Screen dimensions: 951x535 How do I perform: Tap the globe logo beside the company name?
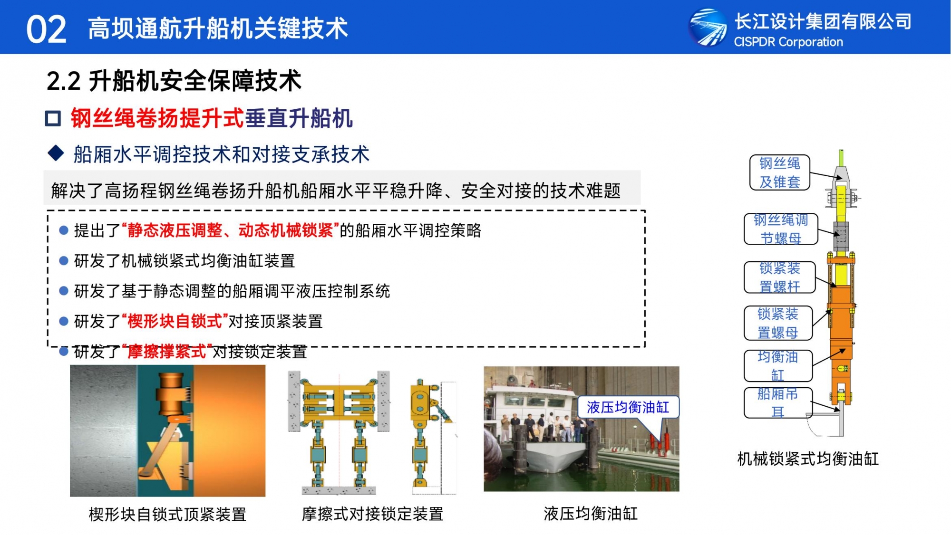click(708, 28)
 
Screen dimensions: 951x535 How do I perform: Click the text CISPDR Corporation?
click(788, 42)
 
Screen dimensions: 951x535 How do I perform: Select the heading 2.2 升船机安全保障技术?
click(174, 80)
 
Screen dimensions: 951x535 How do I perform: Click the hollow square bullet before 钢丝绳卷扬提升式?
click(53, 118)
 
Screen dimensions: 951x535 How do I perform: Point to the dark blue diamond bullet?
click(56, 153)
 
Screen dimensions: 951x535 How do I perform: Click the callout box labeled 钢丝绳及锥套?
click(780, 172)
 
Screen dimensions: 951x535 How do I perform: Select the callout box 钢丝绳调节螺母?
click(781, 229)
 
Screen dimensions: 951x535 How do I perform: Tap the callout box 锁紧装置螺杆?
click(780, 277)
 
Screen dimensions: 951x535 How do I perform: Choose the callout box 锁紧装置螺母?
click(778, 323)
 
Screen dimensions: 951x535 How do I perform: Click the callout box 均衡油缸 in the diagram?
click(778, 366)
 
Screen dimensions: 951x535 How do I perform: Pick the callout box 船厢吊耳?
click(778, 403)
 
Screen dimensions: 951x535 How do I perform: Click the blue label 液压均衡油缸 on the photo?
click(628, 407)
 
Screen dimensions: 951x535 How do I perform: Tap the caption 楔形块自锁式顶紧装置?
click(167, 514)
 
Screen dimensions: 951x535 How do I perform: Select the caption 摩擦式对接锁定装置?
click(372, 514)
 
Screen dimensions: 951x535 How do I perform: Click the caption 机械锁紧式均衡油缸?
click(808, 459)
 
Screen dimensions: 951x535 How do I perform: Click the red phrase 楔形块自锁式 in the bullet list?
click(175, 321)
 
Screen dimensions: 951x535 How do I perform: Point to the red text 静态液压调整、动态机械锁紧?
click(230, 230)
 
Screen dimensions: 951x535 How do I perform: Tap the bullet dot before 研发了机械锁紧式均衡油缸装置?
click(64, 261)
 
